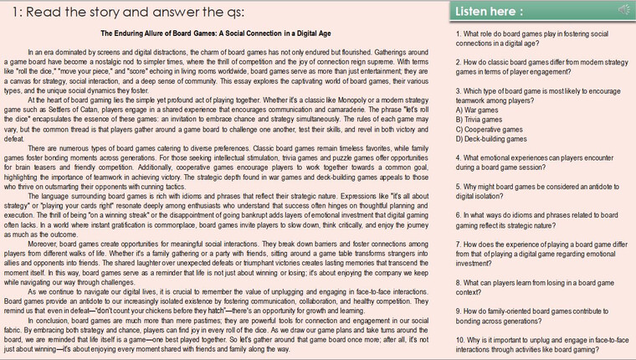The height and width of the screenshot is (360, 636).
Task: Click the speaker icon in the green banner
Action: click(x=623, y=10)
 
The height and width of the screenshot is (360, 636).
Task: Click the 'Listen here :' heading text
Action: click(x=491, y=11)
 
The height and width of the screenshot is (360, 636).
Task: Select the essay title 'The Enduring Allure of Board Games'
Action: click(x=224, y=33)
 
